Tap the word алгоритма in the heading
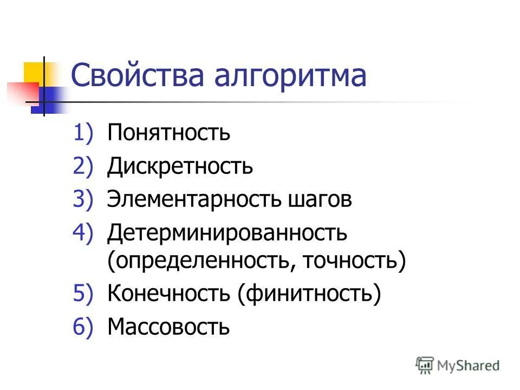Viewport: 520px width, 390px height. pos(290,76)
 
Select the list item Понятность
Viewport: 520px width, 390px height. pos(168,133)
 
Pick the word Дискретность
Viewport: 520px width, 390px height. pos(180,166)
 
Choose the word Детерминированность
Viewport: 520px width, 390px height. pos(227,233)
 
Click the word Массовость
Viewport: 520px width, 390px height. pos(168,327)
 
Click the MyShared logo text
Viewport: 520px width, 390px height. pos(468,366)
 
